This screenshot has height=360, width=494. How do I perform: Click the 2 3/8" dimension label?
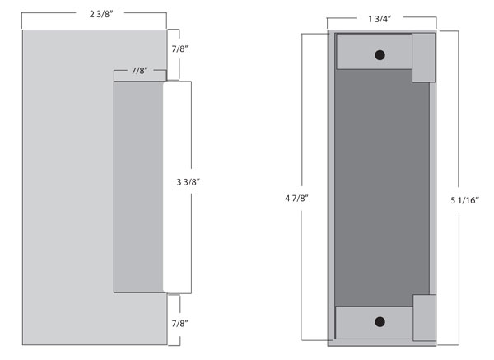point(101,14)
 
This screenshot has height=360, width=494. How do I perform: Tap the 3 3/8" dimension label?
point(188,182)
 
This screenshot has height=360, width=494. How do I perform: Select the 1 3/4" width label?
point(380,19)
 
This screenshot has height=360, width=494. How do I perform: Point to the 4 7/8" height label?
point(296,198)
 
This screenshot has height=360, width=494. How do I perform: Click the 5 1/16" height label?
point(464,200)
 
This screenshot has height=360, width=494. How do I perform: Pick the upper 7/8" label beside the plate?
point(179,49)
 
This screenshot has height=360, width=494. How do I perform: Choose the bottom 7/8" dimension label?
point(179,323)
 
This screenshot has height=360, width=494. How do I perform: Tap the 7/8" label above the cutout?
point(140,71)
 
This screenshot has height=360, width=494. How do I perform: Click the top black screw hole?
point(380,55)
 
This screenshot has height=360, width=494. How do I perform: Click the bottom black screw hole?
point(380,322)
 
